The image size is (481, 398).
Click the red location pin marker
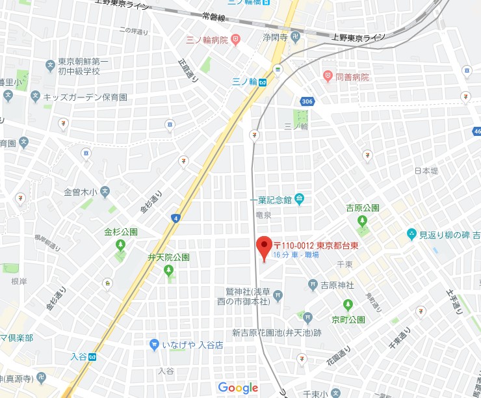pos(263,248)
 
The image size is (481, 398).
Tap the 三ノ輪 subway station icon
pos(263,82)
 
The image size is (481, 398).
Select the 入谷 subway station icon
pos(93,356)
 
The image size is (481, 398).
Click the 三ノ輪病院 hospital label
pos(207,40)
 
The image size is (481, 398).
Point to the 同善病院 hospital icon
pos(328,77)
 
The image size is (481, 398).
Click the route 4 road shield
pos(175,218)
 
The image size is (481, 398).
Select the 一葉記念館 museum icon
pos(299,198)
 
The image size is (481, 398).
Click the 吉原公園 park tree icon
pos(362,221)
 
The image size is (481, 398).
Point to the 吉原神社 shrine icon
pos(313,285)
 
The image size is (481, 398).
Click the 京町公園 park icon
pos(348,304)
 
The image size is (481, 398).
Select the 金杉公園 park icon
pos(120,245)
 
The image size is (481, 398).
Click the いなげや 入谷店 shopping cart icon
pos(154,345)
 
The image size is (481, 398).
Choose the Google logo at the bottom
pos(238,388)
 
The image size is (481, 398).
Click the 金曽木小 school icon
pos(105,192)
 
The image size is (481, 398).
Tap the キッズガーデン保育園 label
pos(85,97)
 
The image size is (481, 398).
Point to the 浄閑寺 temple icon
pos(294,37)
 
